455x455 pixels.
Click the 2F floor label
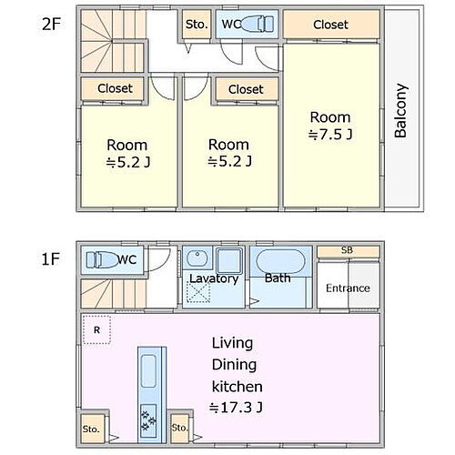coord(52,24)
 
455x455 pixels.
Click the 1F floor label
coord(50,259)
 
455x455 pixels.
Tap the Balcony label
coord(400,110)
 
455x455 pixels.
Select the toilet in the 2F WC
coord(258,24)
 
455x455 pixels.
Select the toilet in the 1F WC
coord(102,259)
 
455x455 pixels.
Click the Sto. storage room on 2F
coord(197,25)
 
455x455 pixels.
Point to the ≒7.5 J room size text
coord(330,134)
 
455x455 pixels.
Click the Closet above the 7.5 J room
coord(331,25)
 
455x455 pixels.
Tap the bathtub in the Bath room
coord(280,261)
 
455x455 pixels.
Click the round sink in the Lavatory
coord(197,258)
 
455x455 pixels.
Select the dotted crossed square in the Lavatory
coord(198,292)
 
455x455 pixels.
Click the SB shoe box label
coord(347,250)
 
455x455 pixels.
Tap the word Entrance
coord(348,288)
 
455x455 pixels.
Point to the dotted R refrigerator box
coord(96,329)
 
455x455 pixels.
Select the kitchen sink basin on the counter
coord(148,371)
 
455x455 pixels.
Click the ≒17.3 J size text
coord(236,408)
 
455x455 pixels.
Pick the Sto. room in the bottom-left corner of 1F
coord(91,429)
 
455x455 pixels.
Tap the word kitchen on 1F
coord(237,387)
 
